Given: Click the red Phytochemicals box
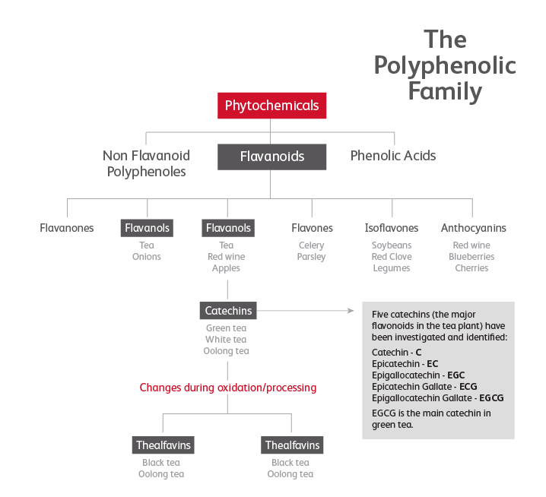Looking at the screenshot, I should (271, 106).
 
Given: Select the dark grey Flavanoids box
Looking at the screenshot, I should (271, 157).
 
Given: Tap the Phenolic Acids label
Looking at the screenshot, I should (393, 156).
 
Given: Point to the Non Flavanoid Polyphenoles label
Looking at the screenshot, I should (146, 163).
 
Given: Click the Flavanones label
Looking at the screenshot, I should (67, 228).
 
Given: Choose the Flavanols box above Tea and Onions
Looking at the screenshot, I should (147, 228).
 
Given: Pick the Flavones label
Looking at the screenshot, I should (312, 228).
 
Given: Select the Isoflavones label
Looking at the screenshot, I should (392, 228).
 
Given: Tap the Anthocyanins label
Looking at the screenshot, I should (473, 228).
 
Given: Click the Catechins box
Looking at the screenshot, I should (227, 310).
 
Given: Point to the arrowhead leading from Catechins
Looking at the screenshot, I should (351, 310).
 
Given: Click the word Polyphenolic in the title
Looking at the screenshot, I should (444, 65).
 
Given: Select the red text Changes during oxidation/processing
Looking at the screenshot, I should (227, 388).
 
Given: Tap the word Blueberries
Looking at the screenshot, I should (472, 257).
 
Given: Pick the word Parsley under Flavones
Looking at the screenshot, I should (311, 257).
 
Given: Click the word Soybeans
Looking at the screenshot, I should (392, 245).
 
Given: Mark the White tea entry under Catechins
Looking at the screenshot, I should (227, 340).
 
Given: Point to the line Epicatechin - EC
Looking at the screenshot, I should (405, 364).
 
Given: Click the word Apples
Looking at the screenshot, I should (227, 268).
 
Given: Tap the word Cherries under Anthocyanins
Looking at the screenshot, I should (472, 268).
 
